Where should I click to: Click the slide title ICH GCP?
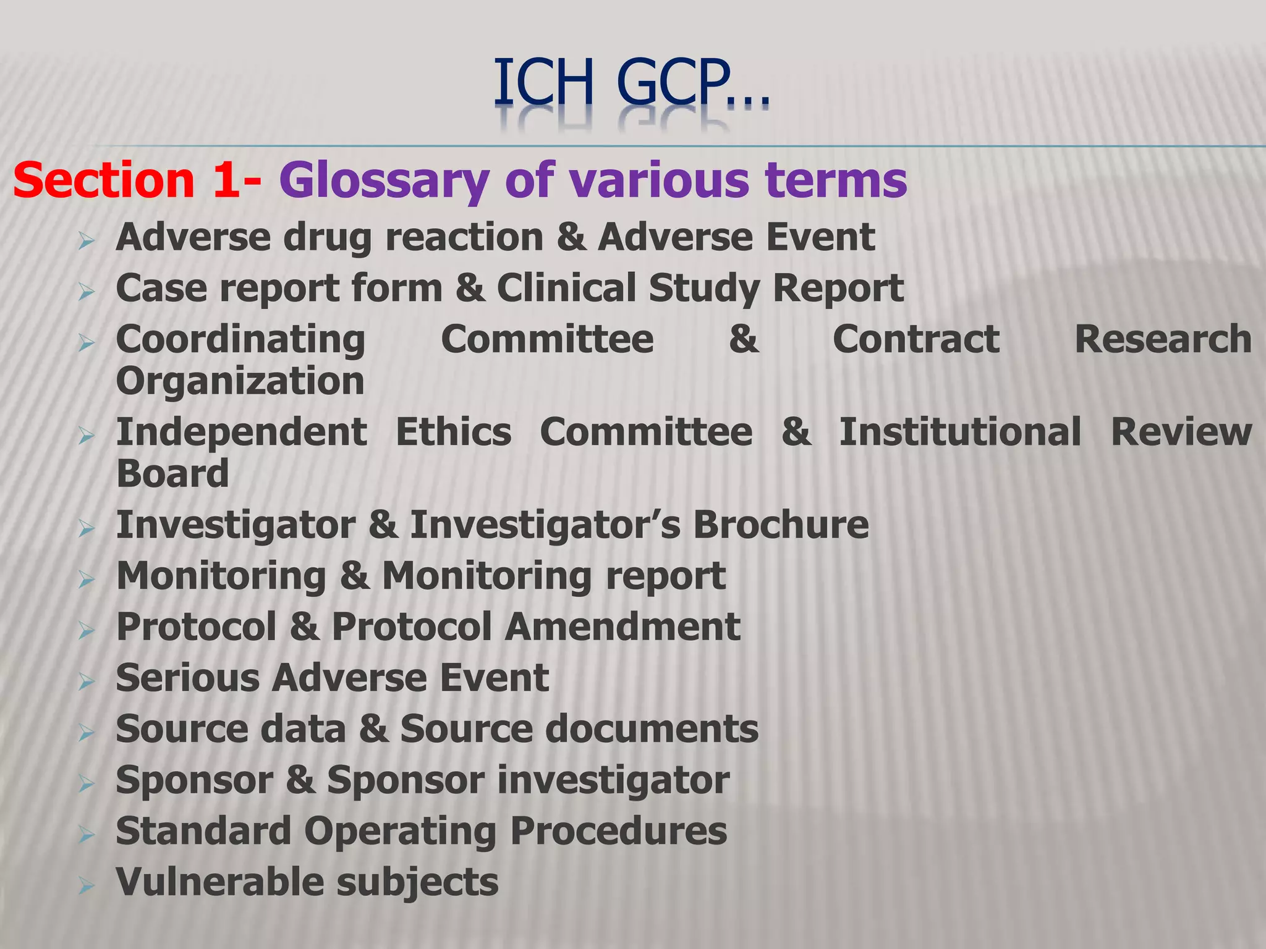(631, 83)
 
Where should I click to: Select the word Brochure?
(781, 525)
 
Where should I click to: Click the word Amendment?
(622, 627)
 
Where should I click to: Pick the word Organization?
(240, 381)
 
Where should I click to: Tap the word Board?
(172, 474)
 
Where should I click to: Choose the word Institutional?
(960, 432)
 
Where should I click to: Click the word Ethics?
(453, 432)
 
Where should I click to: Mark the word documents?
(652, 730)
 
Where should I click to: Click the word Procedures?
(619, 831)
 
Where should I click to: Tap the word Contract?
(916, 339)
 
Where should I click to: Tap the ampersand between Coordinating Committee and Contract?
(744, 339)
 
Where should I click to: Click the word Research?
(1163, 339)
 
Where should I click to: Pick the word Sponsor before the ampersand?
(194, 780)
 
